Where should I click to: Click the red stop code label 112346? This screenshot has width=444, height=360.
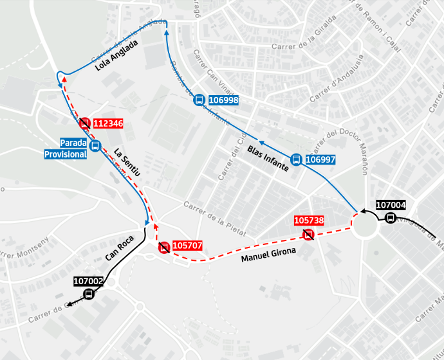coord(107,123)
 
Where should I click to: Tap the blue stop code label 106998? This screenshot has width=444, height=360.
coord(223,100)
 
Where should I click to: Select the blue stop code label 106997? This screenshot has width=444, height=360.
coord(320,159)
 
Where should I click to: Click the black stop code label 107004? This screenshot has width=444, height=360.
coord(391,206)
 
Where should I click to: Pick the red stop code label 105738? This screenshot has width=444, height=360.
coord(309,221)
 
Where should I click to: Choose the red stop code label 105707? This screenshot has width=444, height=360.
coord(188,246)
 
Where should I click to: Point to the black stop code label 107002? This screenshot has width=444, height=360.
coord(89,281)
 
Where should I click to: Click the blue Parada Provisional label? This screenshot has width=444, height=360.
coord(65,148)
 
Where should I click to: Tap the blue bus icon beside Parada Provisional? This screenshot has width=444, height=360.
coord(95,146)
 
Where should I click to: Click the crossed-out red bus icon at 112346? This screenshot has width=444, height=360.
coord(84,123)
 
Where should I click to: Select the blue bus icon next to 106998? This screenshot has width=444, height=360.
coord(199,100)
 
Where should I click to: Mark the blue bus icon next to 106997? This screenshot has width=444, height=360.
coord(296,159)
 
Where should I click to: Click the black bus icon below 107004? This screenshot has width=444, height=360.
coord(391,218)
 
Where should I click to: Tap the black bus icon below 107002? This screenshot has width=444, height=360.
coord(89,294)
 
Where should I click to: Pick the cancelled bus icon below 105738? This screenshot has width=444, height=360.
coord(309,235)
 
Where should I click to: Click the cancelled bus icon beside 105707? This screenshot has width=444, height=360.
coord(164,248)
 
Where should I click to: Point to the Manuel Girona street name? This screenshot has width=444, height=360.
coord(268,255)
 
